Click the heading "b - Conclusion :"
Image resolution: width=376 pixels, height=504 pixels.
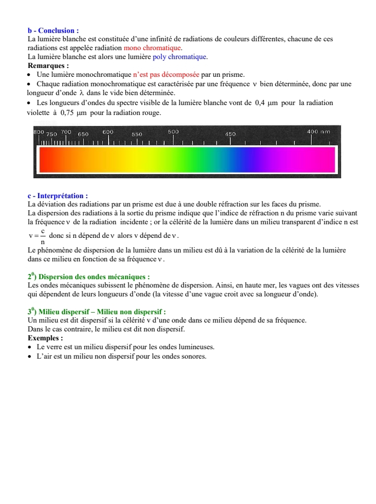pos(53,31)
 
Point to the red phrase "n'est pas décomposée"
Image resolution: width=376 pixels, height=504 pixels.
pos(167,74)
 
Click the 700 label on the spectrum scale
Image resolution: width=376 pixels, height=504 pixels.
pos(66,132)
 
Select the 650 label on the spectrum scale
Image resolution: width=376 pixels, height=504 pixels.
pos(83,134)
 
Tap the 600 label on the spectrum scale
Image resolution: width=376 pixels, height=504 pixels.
pos(108,132)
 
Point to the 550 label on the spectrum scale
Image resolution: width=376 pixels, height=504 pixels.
pos(137,134)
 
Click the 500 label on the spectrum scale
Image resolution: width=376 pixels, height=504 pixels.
pos(173,132)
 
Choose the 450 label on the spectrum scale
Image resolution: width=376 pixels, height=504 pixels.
pos(230,134)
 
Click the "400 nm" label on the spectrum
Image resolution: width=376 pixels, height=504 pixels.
pos(319,132)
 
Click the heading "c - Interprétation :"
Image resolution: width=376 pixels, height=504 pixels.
pos(57,196)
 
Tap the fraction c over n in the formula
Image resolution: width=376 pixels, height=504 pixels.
pos(43,236)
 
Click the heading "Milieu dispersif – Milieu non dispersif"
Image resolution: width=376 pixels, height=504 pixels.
pos(102,312)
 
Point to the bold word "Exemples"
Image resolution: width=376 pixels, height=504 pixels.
pos(44,338)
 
